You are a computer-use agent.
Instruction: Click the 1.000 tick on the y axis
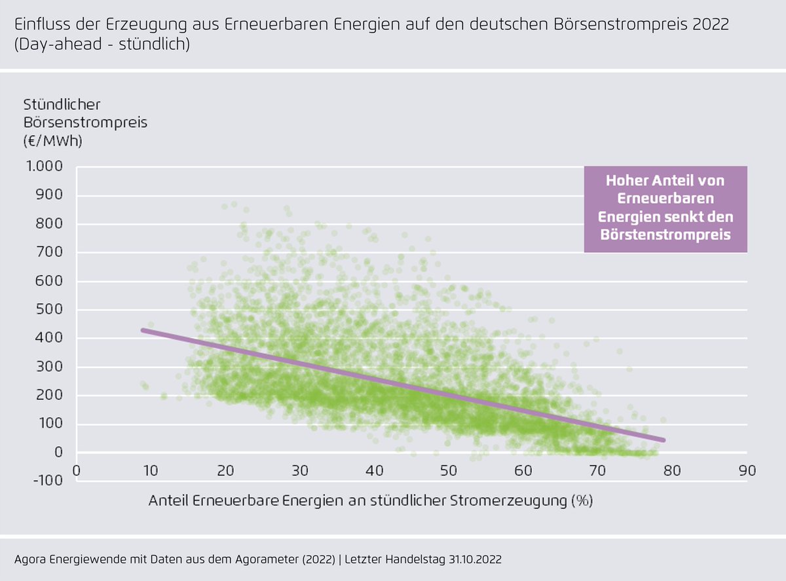44,167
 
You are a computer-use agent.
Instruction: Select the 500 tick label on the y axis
50,310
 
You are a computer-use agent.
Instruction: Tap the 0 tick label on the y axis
59,452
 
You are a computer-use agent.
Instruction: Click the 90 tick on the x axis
747,471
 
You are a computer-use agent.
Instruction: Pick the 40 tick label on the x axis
374,471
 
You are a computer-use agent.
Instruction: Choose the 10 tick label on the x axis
151,471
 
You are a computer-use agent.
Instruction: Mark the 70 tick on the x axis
597,471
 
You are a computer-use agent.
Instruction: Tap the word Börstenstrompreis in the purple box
665,234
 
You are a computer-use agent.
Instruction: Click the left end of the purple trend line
143,330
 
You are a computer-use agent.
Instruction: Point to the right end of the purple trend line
664,440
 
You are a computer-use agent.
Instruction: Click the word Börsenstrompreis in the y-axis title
85,122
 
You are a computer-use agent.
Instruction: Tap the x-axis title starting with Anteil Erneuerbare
370,500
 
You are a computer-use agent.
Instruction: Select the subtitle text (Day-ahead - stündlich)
102,45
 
